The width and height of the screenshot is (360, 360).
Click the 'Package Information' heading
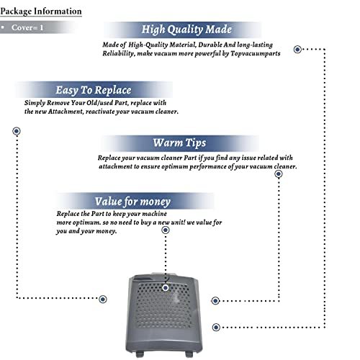point(41,12)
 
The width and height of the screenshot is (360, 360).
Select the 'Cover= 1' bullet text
point(27,27)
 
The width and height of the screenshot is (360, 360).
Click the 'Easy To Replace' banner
point(94,90)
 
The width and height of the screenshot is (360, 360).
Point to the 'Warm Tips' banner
point(179,143)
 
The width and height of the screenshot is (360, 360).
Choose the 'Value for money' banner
point(132,201)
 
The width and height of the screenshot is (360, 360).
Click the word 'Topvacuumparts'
point(256,53)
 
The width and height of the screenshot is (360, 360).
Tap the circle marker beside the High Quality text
point(297,50)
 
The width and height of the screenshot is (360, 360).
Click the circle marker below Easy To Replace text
point(17,131)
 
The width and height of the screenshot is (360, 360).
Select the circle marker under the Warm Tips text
point(279,174)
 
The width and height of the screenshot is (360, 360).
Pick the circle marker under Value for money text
point(166,230)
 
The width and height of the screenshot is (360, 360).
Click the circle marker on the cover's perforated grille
point(166,288)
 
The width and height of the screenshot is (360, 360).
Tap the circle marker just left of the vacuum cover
point(103,300)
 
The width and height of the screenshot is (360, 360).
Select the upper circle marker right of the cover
point(215,301)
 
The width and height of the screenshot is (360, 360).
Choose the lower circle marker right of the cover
point(216,327)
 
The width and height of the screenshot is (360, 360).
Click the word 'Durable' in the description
point(210,45)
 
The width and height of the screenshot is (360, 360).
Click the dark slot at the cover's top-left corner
point(142,279)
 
